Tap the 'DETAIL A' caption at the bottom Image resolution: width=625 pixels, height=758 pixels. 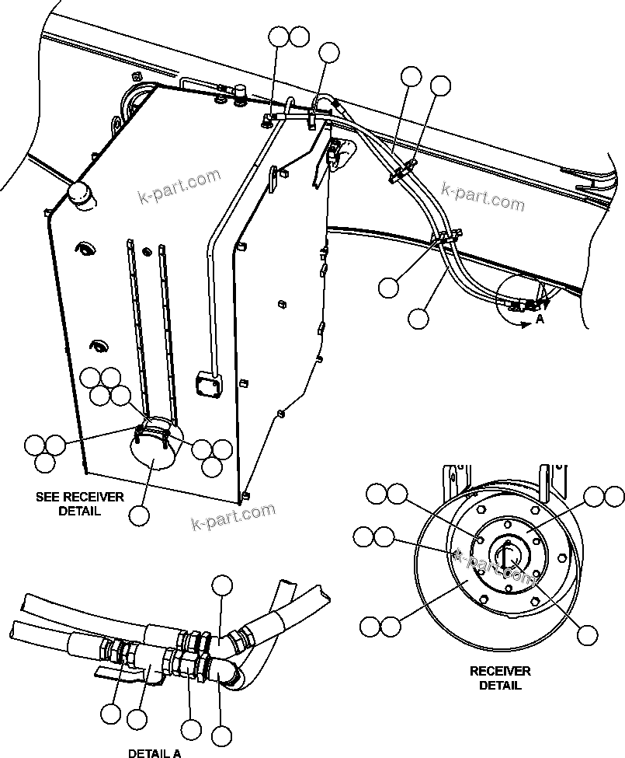pyautogui.click(x=155, y=753)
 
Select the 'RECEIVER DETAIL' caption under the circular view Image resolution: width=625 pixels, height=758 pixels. pyautogui.click(x=500, y=677)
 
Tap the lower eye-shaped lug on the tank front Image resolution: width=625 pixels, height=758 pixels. pyautogui.click(x=97, y=344)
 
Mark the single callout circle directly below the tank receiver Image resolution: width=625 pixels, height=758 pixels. pyautogui.click(x=140, y=515)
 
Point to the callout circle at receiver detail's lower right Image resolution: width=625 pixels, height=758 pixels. pyautogui.click(x=588, y=634)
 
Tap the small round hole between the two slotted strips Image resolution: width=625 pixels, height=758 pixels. pyautogui.click(x=147, y=250)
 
